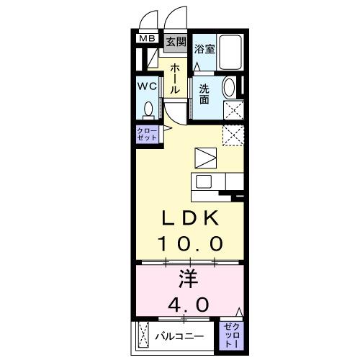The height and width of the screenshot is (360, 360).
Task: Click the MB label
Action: tap(147, 39)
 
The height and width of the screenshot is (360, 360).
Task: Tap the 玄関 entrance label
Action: tap(176, 41)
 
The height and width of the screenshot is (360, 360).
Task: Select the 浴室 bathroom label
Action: tap(204, 49)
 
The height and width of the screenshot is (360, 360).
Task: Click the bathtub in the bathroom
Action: tap(231, 52)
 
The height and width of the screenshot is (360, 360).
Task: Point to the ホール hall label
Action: tap(175, 78)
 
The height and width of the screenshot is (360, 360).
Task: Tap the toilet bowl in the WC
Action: tap(148, 109)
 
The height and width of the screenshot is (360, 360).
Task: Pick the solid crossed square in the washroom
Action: tap(233, 111)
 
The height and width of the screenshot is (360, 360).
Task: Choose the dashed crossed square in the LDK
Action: tap(233, 135)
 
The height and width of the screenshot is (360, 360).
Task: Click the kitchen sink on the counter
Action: tap(202, 181)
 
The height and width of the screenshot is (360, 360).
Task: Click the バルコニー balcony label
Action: tap(179, 336)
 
